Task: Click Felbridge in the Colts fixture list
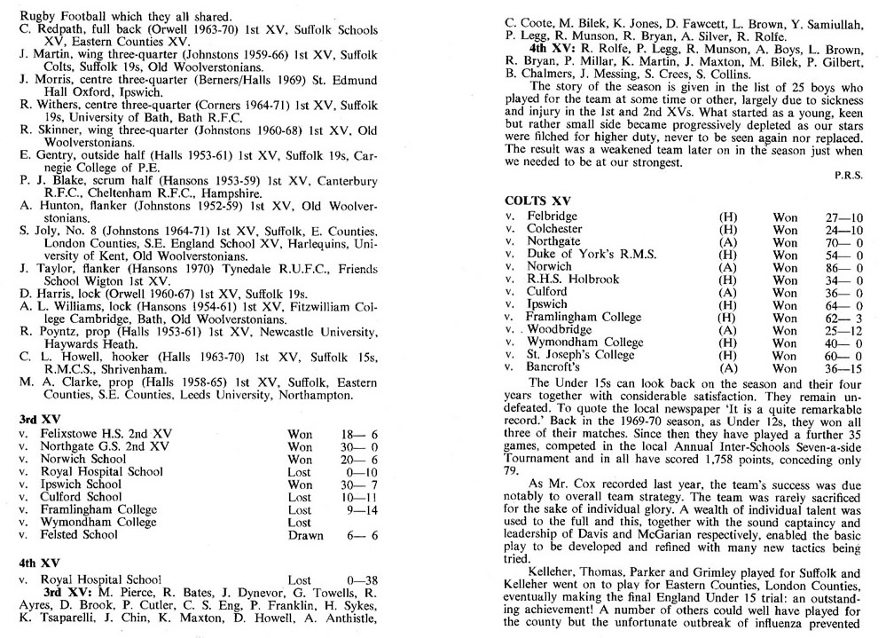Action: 552,217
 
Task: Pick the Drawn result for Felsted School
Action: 306,535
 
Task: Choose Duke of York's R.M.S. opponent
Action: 592,254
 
